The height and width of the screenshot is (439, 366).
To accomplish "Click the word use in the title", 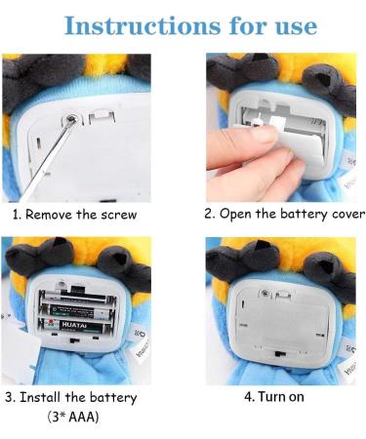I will pyautogui.click(x=290, y=24).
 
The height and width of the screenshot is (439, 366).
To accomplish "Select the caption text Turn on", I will pyautogui.click(x=291, y=398).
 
